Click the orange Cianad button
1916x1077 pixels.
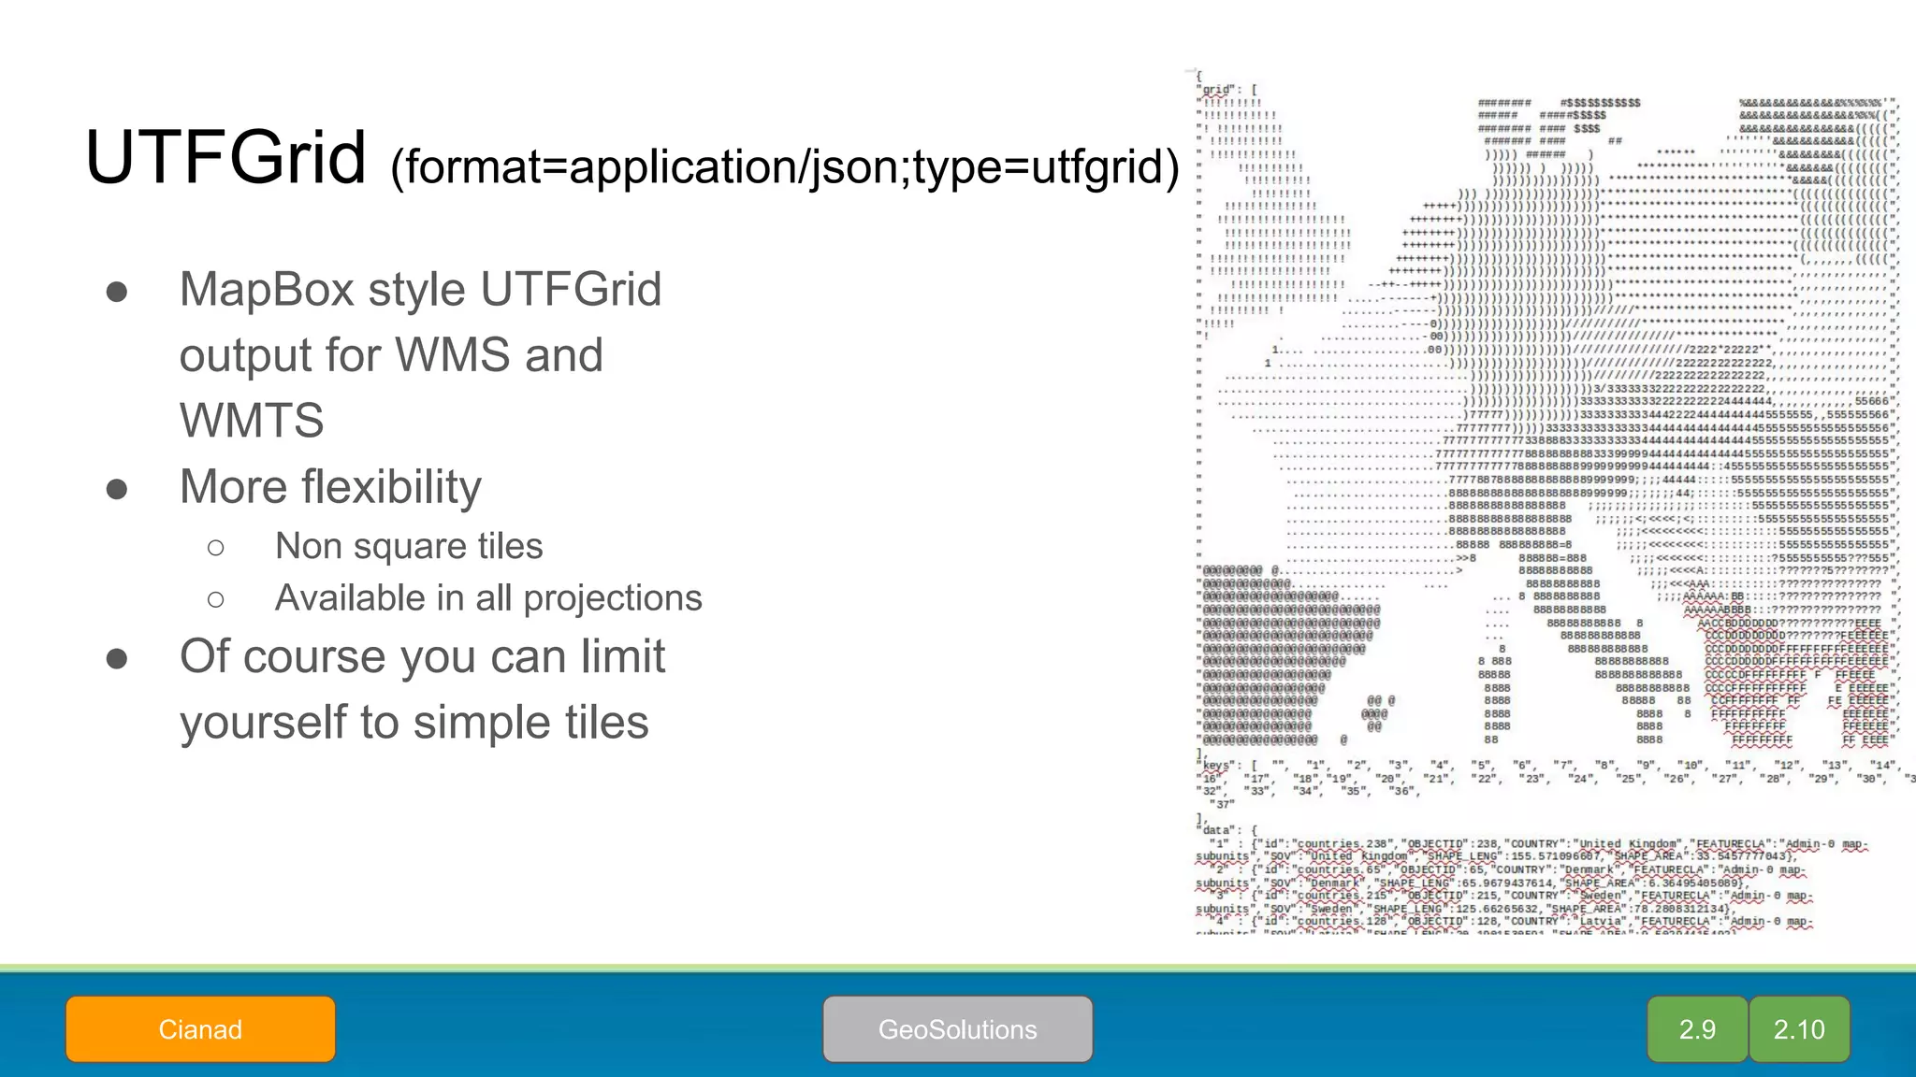click(x=200, y=1029)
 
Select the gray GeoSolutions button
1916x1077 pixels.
click(x=957, y=1029)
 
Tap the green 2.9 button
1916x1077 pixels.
click(x=1697, y=1029)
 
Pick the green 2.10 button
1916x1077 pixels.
click(x=1799, y=1029)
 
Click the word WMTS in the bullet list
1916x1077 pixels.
click(x=252, y=421)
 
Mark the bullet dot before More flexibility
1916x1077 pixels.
click(x=117, y=489)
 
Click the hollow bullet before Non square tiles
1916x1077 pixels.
click(x=216, y=548)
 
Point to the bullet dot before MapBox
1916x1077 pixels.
click(x=117, y=292)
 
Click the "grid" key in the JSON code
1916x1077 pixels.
click(x=1216, y=90)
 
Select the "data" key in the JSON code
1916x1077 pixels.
click(x=1216, y=830)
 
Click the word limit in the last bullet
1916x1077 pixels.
click(x=619, y=656)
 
